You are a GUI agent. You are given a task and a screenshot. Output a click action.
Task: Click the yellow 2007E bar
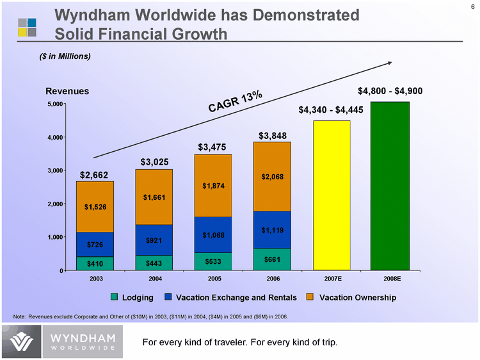(x=332, y=195)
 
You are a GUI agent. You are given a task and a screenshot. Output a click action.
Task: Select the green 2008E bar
(x=390, y=186)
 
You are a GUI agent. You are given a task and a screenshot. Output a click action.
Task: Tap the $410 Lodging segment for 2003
(x=95, y=263)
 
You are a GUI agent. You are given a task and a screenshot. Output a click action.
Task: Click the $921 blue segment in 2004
(x=154, y=240)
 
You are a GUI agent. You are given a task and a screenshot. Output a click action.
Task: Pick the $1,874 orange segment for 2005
(x=213, y=186)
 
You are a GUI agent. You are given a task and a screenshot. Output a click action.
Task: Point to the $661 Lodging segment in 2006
(x=272, y=259)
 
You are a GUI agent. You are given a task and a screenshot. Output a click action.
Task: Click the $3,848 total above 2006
(x=272, y=136)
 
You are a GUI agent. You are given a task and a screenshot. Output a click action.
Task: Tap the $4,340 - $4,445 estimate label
(x=331, y=110)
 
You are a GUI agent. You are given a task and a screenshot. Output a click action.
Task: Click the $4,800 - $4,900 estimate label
(x=390, y=91)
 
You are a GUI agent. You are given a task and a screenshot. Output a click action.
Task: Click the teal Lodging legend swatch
(x=115, y=297)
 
